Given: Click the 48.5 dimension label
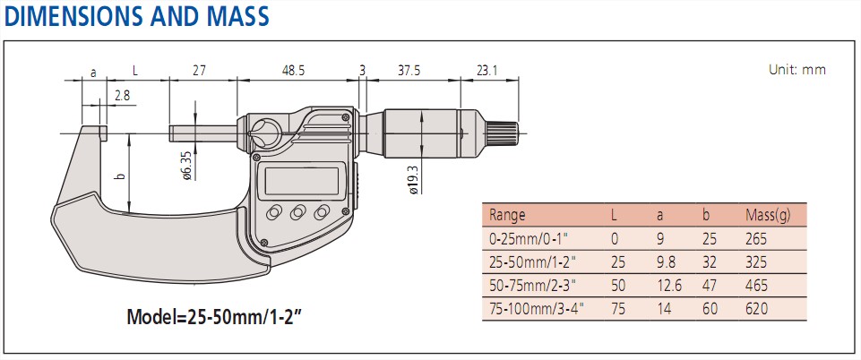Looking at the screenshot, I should pos(292,69).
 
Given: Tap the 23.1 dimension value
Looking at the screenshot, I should pos(486,69).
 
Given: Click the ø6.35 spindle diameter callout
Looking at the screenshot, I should pos(186,167).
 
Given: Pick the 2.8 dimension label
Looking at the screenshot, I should pos(122,93).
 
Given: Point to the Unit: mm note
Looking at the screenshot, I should pos(796,69).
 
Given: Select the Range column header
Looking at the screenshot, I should pos(507,215).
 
